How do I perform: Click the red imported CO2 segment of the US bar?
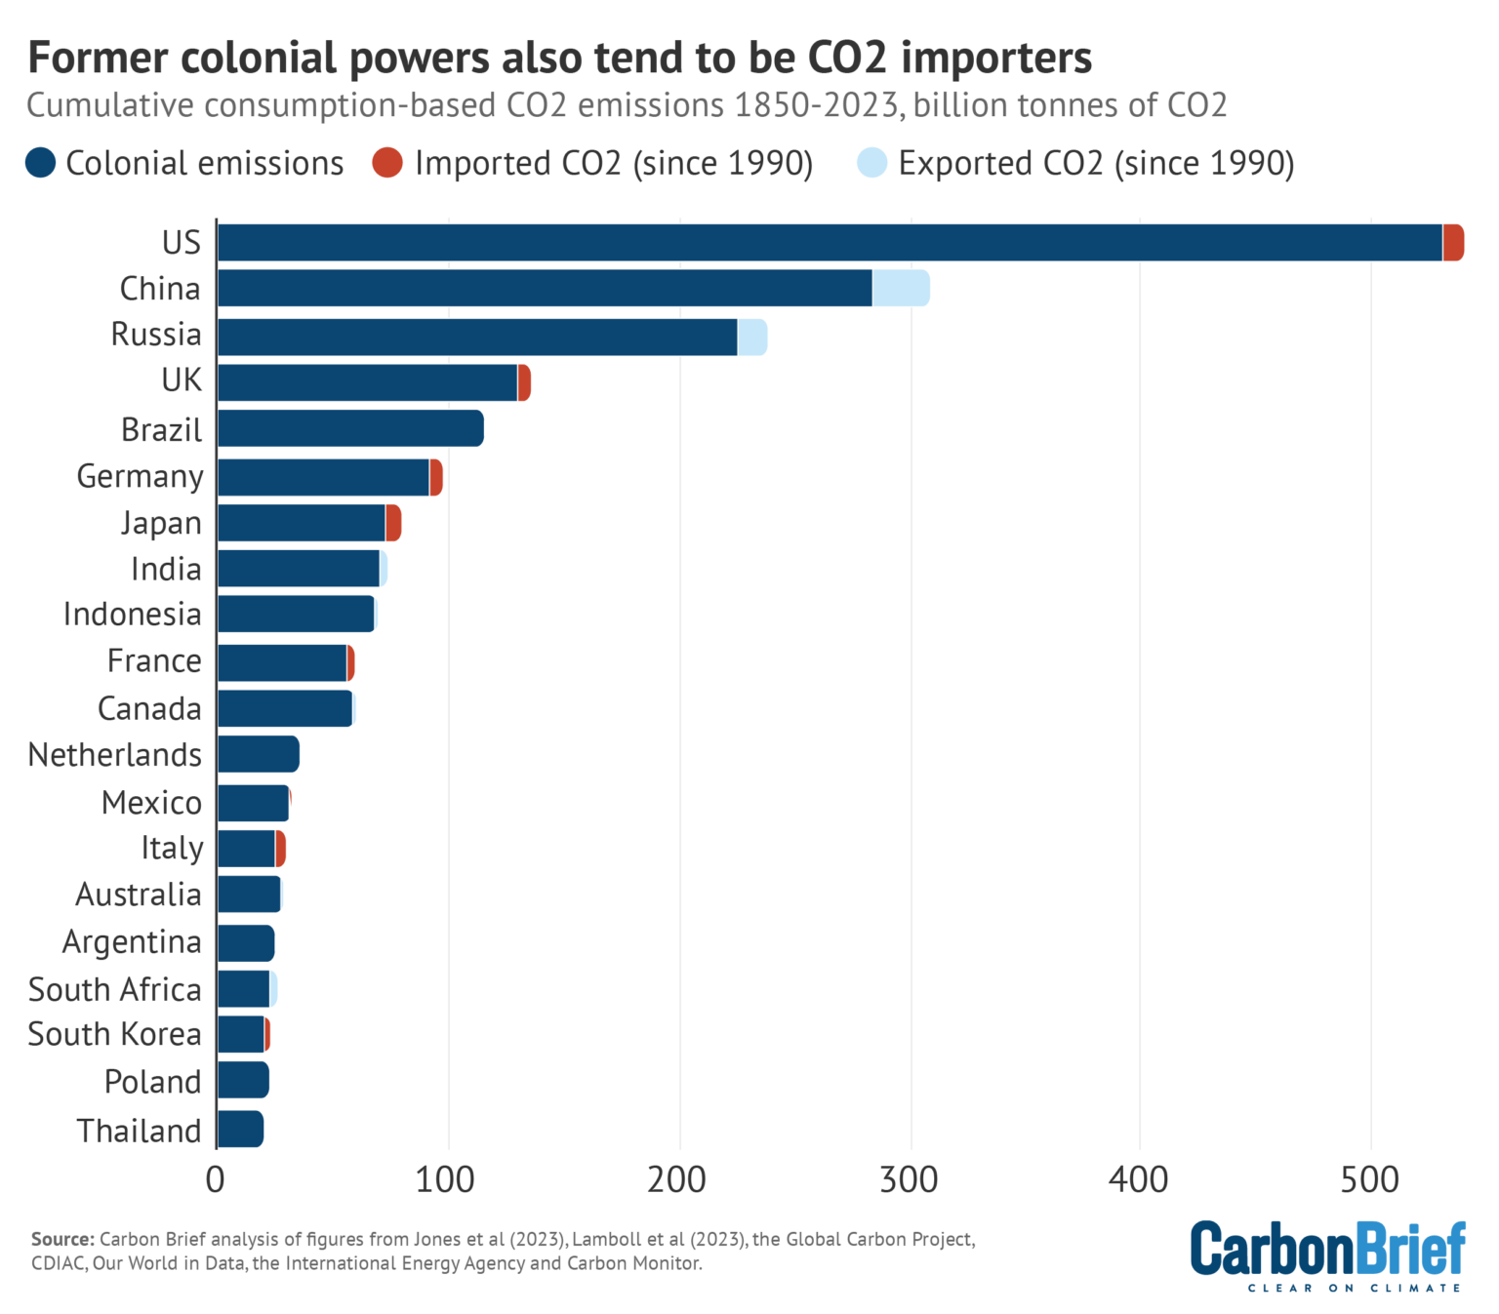point(1453,243)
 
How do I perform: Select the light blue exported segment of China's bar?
point(900,289)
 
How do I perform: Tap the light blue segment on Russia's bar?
point(751,338)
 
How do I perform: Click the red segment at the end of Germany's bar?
point(436,477)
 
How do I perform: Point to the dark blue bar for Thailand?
point(240,1129)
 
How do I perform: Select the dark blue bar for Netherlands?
point(258,755)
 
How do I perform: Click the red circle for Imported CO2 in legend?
point(387,163)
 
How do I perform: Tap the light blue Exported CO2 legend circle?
point(871,163)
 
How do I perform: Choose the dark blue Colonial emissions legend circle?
point(41,163)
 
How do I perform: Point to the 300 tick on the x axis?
point(909,1180)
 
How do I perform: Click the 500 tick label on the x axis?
point(1369,1180)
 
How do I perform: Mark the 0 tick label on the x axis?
point(216,1180)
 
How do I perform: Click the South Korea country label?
point(114,1034)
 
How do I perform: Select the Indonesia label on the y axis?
point(132,615)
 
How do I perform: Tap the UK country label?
point(182,380)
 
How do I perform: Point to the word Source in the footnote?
point(62,1239)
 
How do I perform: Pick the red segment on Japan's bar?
point(393,524)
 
